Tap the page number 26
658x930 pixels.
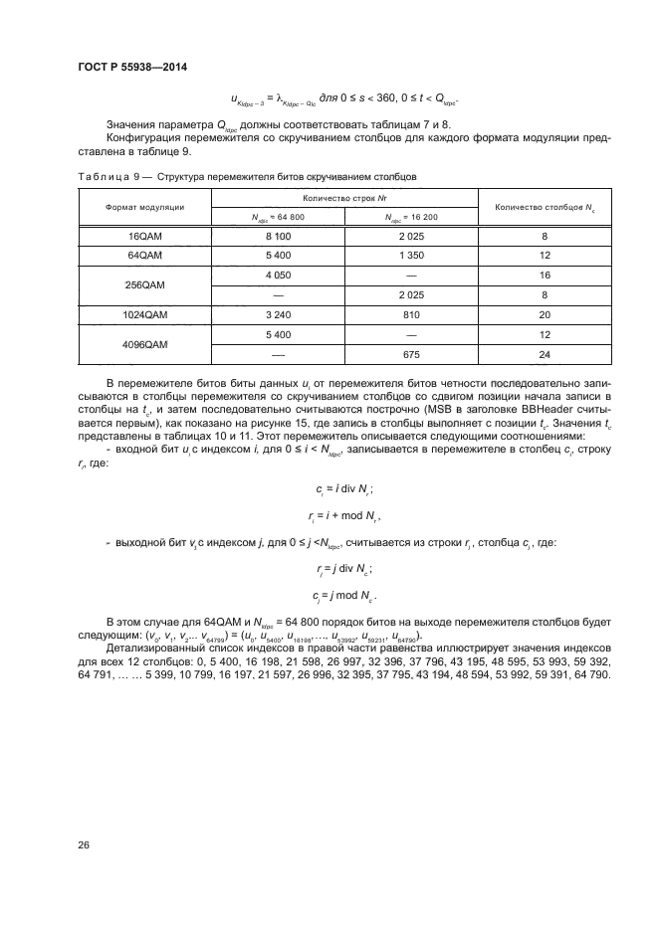(x=84, y=844)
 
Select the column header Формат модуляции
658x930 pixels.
(x=144, y=207)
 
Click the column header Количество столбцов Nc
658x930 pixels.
(x=546, y=207)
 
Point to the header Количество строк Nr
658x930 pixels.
(x=345, y=198)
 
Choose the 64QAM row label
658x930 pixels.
(x=144, y=256)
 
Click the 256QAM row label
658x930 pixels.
(x=144, y=282)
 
